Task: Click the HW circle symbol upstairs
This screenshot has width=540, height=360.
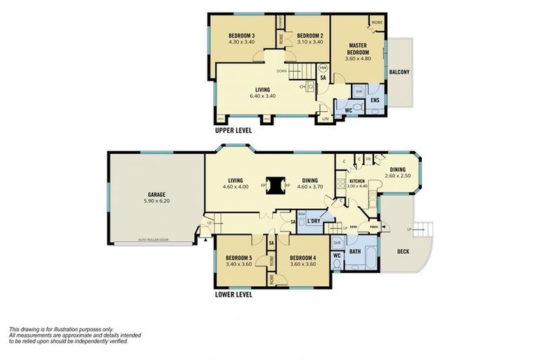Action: [x=323, y=68]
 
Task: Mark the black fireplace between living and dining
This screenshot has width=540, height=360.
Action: [x=278, y=185]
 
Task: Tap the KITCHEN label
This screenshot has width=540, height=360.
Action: [x=358, y=181]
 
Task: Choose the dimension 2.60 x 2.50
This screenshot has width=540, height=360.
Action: [x=397, y=176]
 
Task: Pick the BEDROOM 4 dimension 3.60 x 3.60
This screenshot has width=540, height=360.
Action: [x=302, y=265]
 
